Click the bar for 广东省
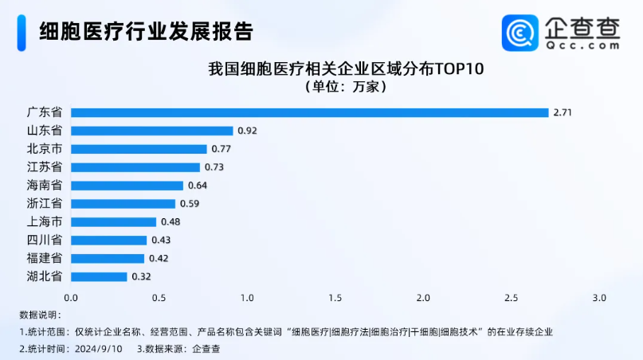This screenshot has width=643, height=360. (x=309, y=112)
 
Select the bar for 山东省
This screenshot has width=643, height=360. (x=151, y=131)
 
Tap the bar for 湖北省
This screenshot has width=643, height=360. (x=99, y=276)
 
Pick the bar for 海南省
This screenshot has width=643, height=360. (x=127, y=186)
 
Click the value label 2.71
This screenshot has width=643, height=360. (x=563, y=112)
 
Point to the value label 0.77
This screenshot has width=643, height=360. (x=220, y=149)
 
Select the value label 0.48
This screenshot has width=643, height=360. (x=169, y=221)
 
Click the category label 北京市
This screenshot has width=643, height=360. (x=45, y=149)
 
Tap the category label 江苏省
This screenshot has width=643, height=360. (x=45, y=167)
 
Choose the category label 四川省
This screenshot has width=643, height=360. (x=45, y=240)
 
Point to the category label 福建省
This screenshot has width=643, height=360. (x=45, y=258)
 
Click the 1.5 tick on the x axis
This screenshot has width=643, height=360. (x=335, y=298)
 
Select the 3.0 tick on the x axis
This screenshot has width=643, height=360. (x=599, y=298)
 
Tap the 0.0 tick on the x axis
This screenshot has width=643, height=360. (x=71, y=298)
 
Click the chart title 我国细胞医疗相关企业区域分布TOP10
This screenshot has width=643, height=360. (x=346, y=69)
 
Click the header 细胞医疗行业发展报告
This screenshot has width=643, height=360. (x=147, y=31)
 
